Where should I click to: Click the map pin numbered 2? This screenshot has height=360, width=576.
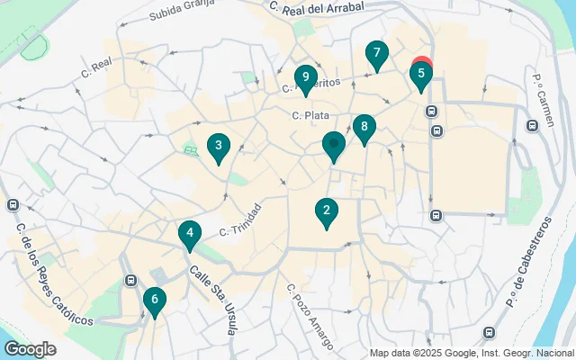326,212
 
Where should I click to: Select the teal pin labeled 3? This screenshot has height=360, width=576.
217,146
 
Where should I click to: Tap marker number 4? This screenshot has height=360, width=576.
189,236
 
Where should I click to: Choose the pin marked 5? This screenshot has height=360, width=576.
420,76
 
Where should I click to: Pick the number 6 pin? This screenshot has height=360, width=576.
155,301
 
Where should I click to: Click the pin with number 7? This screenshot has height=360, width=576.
377,54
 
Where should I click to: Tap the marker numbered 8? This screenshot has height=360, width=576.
364,129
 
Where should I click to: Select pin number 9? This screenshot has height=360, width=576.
306,79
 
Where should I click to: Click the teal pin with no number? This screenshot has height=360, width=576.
334,145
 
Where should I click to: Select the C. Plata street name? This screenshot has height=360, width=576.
310,115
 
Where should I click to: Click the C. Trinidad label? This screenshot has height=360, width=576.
241,220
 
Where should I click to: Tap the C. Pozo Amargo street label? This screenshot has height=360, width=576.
309,317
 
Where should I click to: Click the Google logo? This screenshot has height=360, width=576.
31,349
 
